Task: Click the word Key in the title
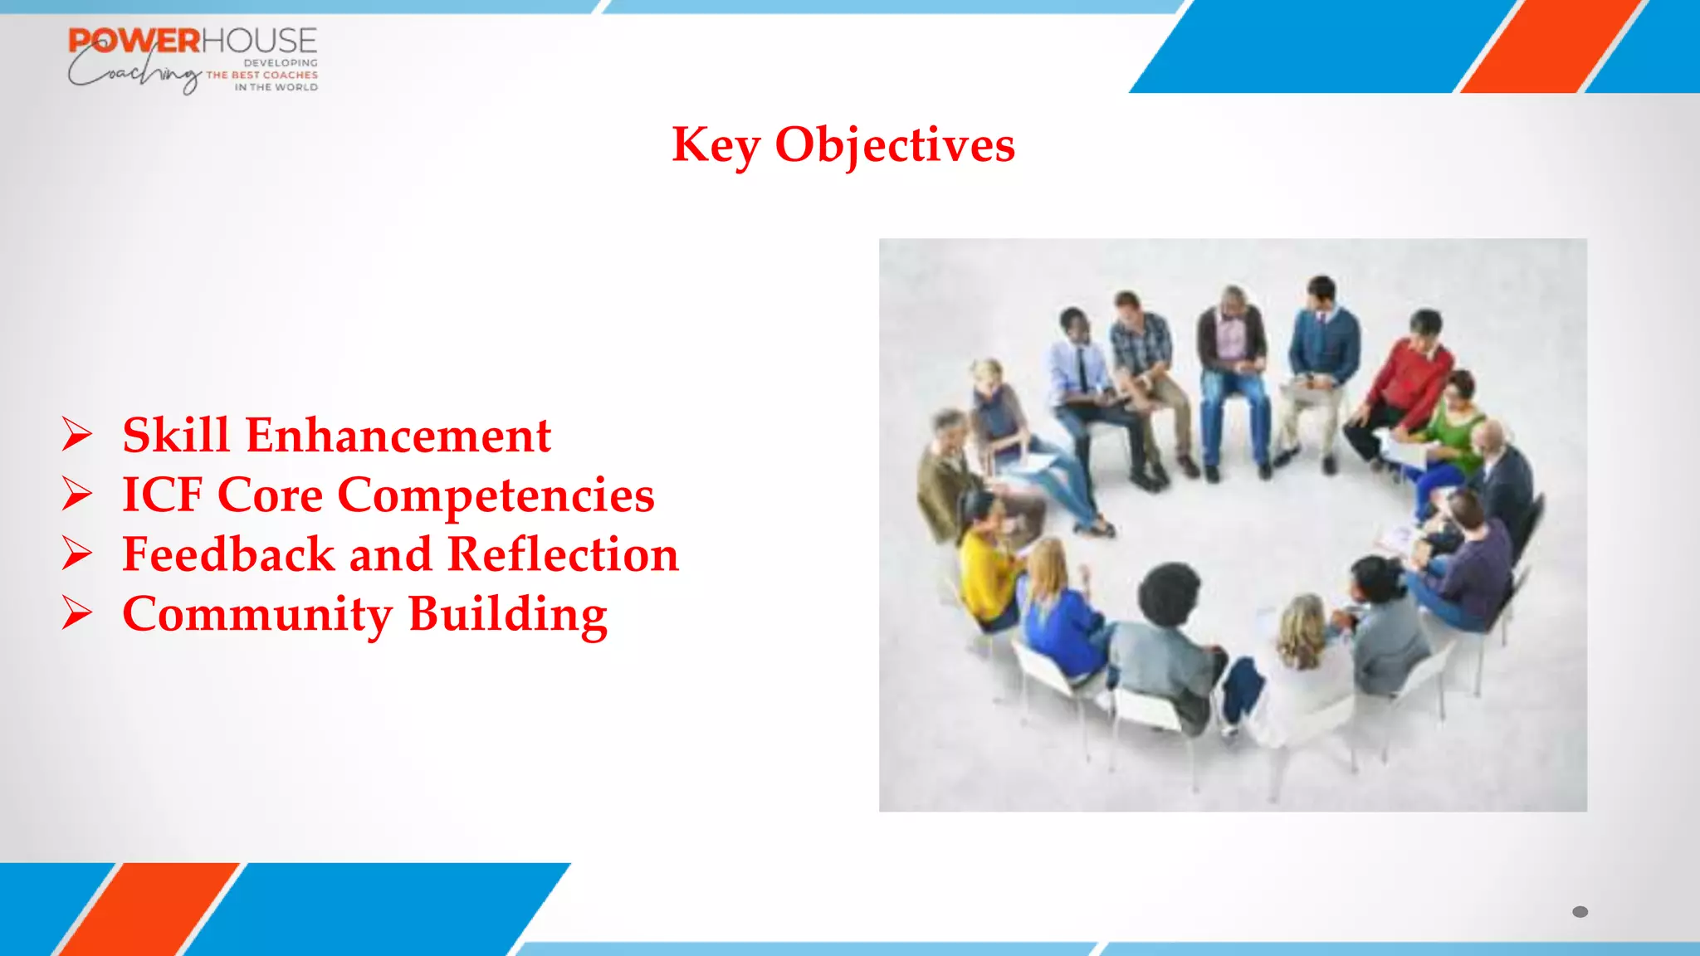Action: coord(715,146)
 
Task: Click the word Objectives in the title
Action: coord(894,146)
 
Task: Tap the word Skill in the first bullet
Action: coord(175,435)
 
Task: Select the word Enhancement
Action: coord(398,435)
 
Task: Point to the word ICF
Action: coord(162,495)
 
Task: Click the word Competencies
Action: coord(496,496)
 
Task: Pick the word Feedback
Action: coord(228,554)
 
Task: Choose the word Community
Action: coord(257,615)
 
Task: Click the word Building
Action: coord(507,615)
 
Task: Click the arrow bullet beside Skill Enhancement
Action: coord(77,435)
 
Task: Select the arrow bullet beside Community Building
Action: coord(77,614)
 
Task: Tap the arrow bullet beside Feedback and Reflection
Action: coord(77,554)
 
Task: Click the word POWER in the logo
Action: coord(134,41)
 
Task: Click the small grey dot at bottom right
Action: coord(1580,912)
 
